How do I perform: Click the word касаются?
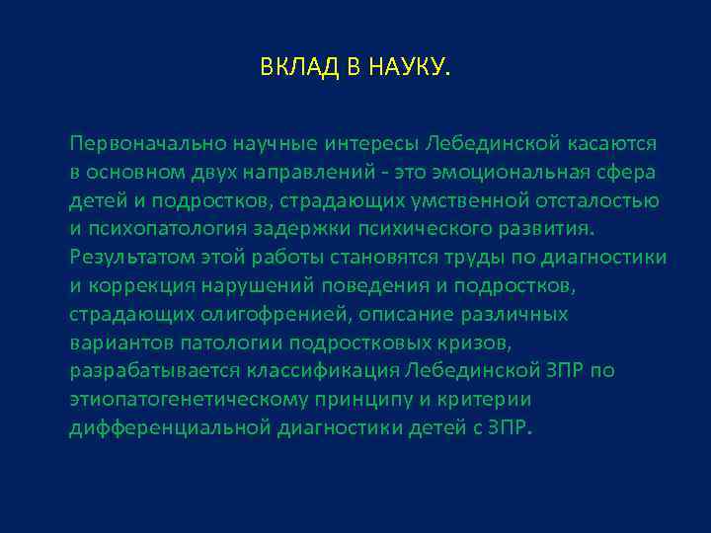coord(617,144)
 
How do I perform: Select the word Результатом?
coord(124,259)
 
